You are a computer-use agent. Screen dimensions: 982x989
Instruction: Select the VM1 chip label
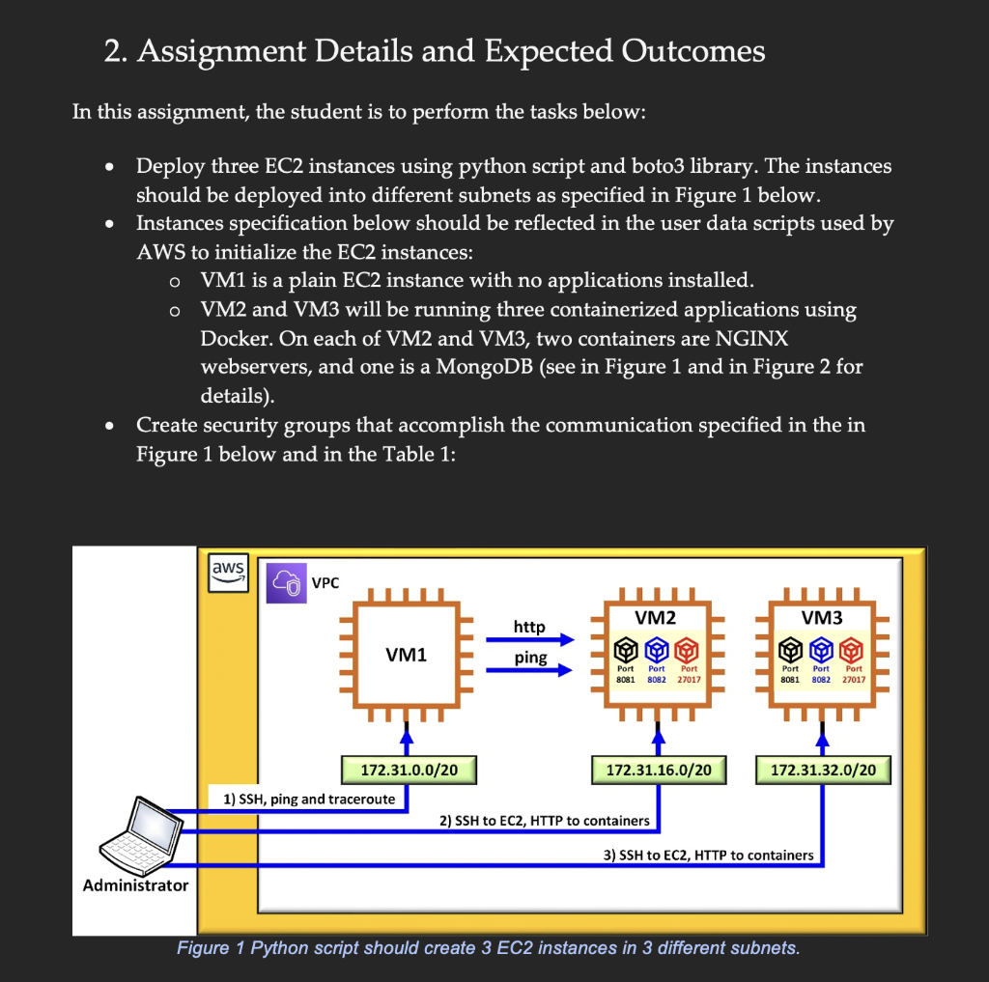tap(407, 656)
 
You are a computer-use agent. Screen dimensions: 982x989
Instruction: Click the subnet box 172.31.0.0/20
tap(409, 771)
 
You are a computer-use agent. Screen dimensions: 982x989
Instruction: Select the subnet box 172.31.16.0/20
tap(659, 771)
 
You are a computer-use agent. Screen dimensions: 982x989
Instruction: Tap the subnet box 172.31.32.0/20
tap(823, 771)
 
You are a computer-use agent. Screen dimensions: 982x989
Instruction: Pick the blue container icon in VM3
tap(822, 646)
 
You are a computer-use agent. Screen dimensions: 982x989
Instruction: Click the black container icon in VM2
tap(626, 646)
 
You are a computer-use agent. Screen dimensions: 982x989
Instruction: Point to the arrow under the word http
tap(541, 640)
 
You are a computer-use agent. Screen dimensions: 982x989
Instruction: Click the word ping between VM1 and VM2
tap(530, 658)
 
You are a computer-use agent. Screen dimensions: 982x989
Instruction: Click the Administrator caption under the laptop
tap(135, 885)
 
